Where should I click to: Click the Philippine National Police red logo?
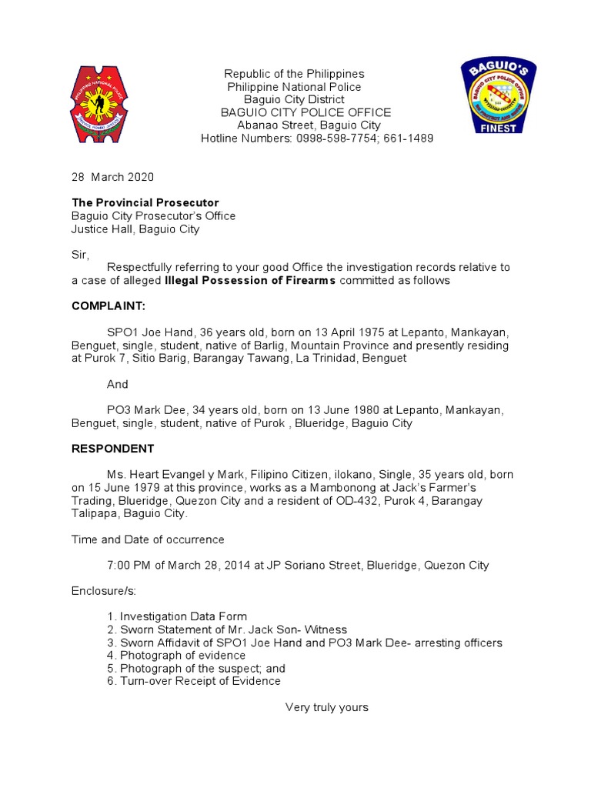106,104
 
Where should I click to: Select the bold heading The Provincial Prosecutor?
145,203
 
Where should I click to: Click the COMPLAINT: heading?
109,306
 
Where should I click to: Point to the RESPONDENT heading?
113,449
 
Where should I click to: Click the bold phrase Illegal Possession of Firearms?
250,281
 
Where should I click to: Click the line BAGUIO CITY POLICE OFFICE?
306,112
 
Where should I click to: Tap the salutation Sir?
81,255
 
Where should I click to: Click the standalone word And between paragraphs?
118,384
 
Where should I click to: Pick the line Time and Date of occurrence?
148,539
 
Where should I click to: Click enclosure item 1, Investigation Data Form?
178,616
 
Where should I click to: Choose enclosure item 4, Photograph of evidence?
177,656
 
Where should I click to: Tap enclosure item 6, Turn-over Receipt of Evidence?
194,681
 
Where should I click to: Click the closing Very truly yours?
327,707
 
